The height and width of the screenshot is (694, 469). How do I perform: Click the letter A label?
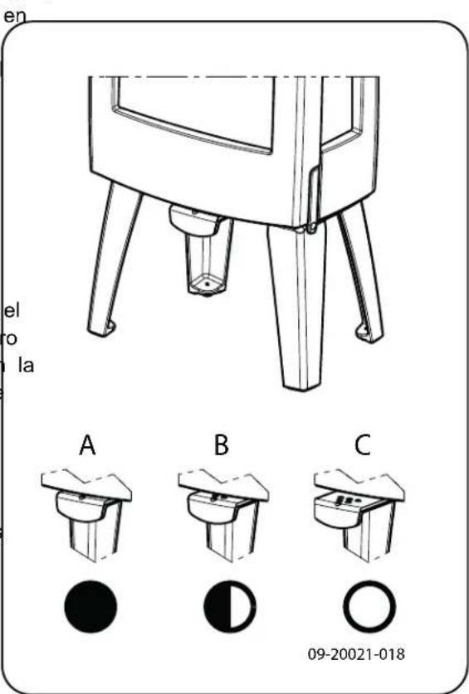[87, 446]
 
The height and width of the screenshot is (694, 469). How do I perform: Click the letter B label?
[220, 446]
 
